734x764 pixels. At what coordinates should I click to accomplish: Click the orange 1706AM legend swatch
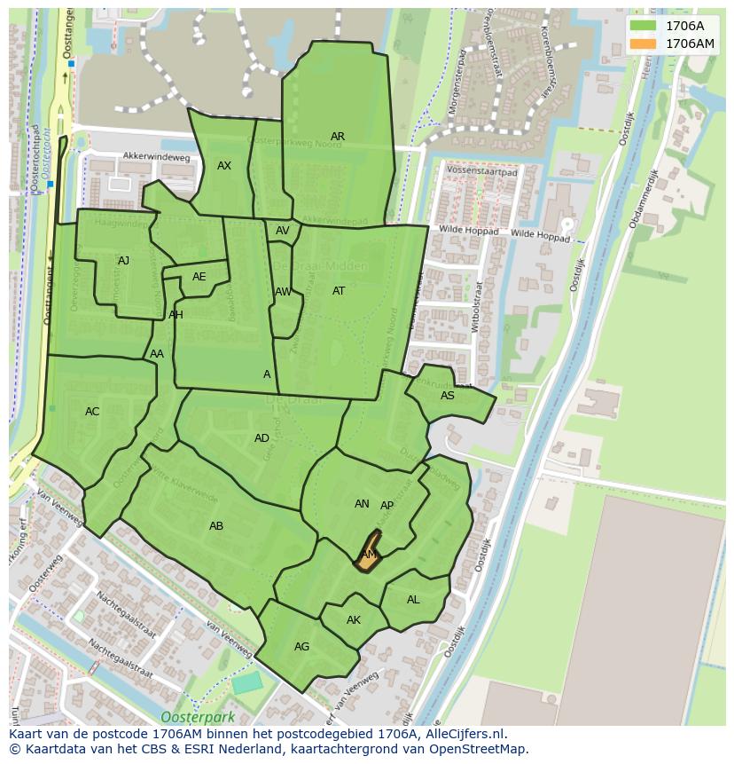point(643,43)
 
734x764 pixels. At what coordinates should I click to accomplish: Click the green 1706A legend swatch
point(643,26)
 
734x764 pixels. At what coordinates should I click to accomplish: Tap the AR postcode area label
point(338,137)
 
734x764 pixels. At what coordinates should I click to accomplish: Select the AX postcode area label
point(224,166)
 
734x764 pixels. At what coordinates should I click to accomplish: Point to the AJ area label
point(123,261)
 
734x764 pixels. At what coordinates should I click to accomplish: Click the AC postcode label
point(92,412)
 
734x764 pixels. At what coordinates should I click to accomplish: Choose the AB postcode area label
point(216,526)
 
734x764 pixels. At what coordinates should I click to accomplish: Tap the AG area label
point(301,647)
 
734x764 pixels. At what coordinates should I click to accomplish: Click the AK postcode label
point(354,620)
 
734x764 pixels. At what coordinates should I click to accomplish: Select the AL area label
point(413,600)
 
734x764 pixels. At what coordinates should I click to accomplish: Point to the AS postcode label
point(448,396)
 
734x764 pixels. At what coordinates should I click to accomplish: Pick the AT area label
point(339,291)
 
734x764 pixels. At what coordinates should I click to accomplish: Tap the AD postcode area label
point(262,438)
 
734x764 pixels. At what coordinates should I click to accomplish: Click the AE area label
point(199,277)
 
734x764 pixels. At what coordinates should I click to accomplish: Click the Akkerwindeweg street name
point(157,157)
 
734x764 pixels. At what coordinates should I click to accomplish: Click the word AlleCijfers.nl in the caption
point(463,734)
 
